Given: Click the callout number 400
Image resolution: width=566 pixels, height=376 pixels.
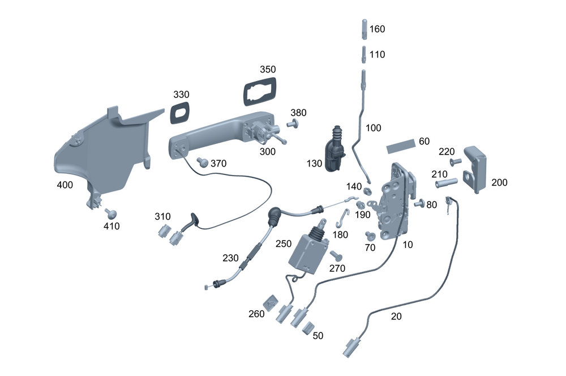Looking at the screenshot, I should (x=65, y=185).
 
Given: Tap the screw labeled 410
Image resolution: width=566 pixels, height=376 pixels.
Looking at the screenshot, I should (x=110, y=213).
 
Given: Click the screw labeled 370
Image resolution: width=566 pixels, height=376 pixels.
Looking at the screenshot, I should (x=201, y=162).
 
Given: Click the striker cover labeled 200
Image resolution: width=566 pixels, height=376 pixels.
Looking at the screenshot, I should (x=476, y=169).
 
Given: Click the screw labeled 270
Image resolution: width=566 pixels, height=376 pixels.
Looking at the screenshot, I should (x=335, y=255).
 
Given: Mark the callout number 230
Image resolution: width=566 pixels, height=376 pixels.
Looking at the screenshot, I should (x=230, y=257).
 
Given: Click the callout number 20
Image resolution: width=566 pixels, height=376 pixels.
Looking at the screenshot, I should (x=396, y=317).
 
